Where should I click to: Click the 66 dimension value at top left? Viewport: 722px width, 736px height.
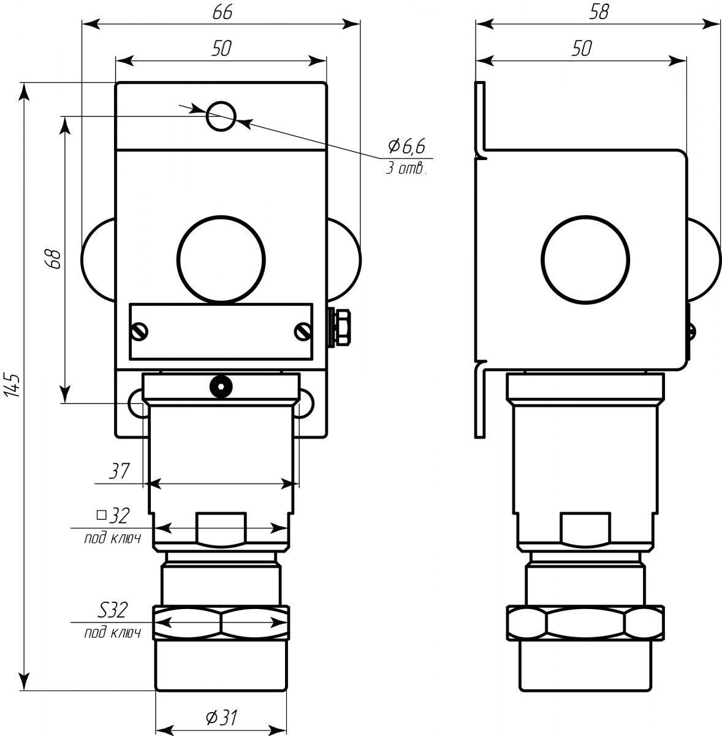[222, 13]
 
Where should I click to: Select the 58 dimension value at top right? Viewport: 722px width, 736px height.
[598, 13]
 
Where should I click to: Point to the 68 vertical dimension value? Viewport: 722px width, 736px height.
[53, 259]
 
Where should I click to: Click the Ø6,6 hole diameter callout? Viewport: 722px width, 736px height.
[406, 146]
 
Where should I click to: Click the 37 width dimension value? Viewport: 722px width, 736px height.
[120, 471]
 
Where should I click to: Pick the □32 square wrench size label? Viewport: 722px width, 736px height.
[113, 516]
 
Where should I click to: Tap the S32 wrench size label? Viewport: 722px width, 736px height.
[113, 610]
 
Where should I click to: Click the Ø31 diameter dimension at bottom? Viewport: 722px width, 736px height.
[221, 717]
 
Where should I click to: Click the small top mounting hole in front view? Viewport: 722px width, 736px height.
[221, 116]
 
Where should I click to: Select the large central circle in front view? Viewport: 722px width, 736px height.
[221, 258]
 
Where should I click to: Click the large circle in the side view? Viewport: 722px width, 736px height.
[585, 258]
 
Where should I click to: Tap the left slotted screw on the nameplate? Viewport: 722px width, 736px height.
[140, 332]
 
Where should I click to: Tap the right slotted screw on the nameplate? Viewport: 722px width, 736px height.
[303, 332]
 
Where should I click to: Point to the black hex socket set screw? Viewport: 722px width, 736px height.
[221, 386]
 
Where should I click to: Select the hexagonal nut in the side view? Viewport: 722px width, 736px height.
[585, 623]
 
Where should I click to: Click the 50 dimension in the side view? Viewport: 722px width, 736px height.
[581, 48]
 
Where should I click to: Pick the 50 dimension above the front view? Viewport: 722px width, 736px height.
[221, 48]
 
